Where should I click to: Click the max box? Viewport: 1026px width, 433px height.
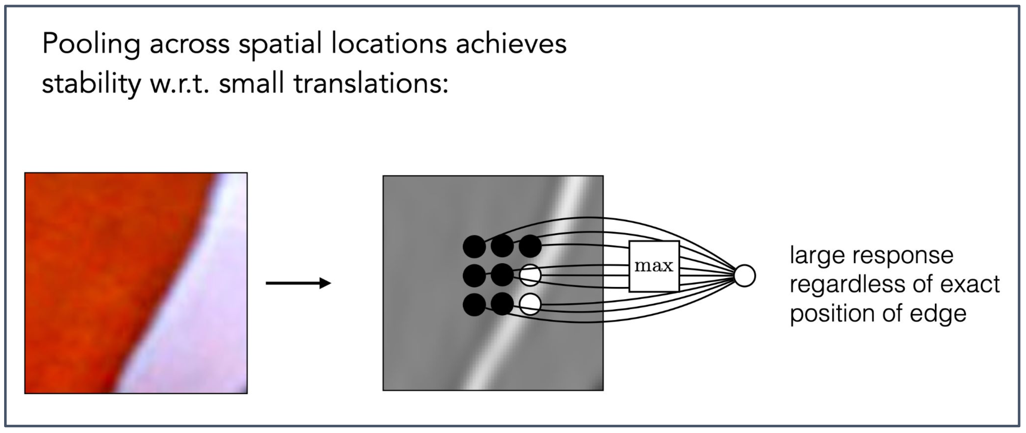coord(654,266)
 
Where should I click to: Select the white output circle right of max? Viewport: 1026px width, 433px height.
coord(744,276)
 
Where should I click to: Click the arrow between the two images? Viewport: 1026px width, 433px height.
coord(298,283)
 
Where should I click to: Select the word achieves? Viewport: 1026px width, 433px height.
coord(511,44)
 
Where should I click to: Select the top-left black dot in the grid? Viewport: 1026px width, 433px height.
coord(474,247)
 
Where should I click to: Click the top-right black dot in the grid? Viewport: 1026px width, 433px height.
coord(530,246)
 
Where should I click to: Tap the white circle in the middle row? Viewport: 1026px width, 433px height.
coord(530,275)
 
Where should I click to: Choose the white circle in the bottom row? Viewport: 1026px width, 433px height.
coord(530,304)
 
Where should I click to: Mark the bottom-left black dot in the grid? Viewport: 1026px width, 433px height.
coord(474,305)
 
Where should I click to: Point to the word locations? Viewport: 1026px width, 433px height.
coord(389,44)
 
